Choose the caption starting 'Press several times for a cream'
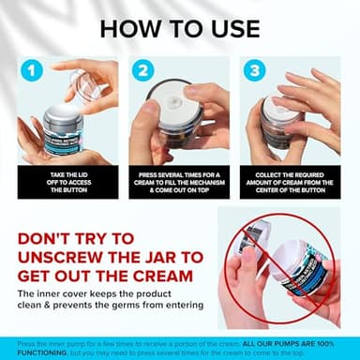pyautogui.click(x=179, y=180)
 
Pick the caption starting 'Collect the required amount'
pyautogui.click(x=288, y=180)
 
